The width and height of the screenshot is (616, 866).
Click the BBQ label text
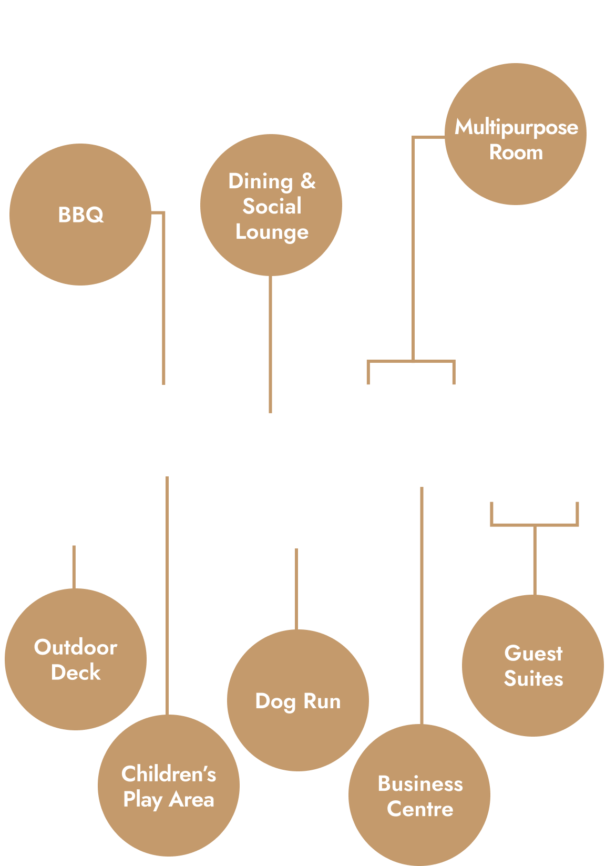tap(81, 215)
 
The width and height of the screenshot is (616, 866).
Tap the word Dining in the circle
tap(261, 182)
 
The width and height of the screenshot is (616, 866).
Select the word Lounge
tap(272, 232)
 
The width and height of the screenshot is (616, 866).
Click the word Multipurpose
tap(516, 128)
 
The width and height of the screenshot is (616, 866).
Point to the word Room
tap(516, 152)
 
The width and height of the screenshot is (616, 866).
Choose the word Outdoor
tap(76, 647)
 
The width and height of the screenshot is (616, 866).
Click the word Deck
tap(76, 673)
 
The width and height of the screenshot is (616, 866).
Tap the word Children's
tap(169, 773)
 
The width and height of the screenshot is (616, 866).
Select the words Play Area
tap(169, 800)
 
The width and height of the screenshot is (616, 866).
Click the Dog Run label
tap(298, 702)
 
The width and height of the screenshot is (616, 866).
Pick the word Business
tap(420, 783)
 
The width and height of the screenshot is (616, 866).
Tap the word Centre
tap(420, 809)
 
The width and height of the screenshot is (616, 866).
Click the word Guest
tap(533, 654)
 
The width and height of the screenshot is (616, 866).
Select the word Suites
tap(533, 678)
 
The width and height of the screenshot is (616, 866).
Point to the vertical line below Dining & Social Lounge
tap(271, 344)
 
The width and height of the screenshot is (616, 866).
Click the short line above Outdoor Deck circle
tap(74, 567)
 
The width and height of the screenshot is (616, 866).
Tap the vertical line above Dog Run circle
tap(296, 589)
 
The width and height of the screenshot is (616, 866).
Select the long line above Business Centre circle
tap(422, 606)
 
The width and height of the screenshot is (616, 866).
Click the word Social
tap(272, 206)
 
